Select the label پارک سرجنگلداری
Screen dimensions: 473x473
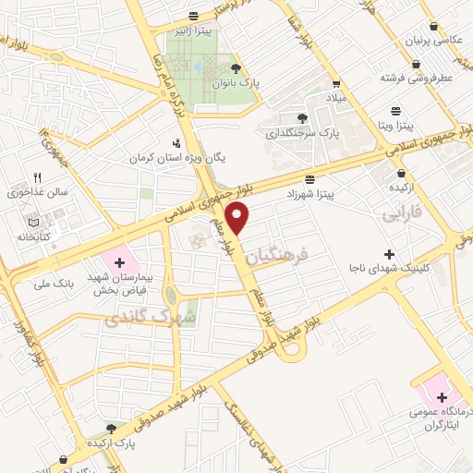coord(302,133)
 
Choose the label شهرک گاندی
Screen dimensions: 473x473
coord(139,319)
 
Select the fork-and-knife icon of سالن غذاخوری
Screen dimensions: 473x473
coord(37,177)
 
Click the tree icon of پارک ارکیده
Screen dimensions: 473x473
coord(111,428)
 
